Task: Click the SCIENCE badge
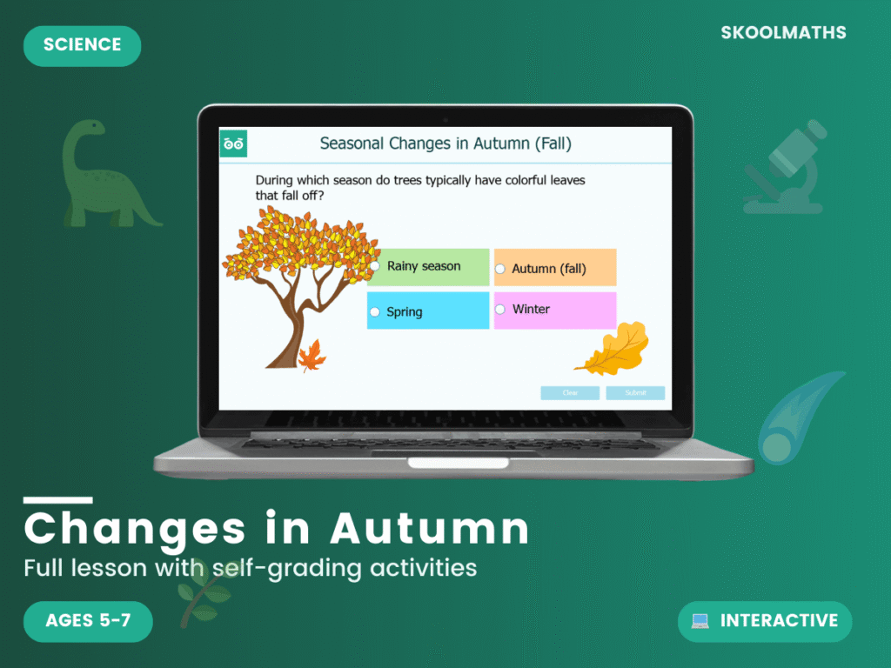coord(82,46)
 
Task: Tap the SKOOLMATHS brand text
coord(783,33)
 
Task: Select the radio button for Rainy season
coord(376,266)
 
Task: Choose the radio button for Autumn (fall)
coord(500,270)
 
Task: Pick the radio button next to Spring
coord(375,311)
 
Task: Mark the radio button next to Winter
coord(500,309)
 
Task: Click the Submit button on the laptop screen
coord(635,393)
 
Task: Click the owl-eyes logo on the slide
coord(233,144)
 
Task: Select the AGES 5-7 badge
coord(88,621)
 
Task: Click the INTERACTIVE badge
coord(765,621)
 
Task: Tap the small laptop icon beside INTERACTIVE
coord(700,621)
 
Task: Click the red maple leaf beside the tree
coord(312,356)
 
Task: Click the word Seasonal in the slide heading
coord(352,144)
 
